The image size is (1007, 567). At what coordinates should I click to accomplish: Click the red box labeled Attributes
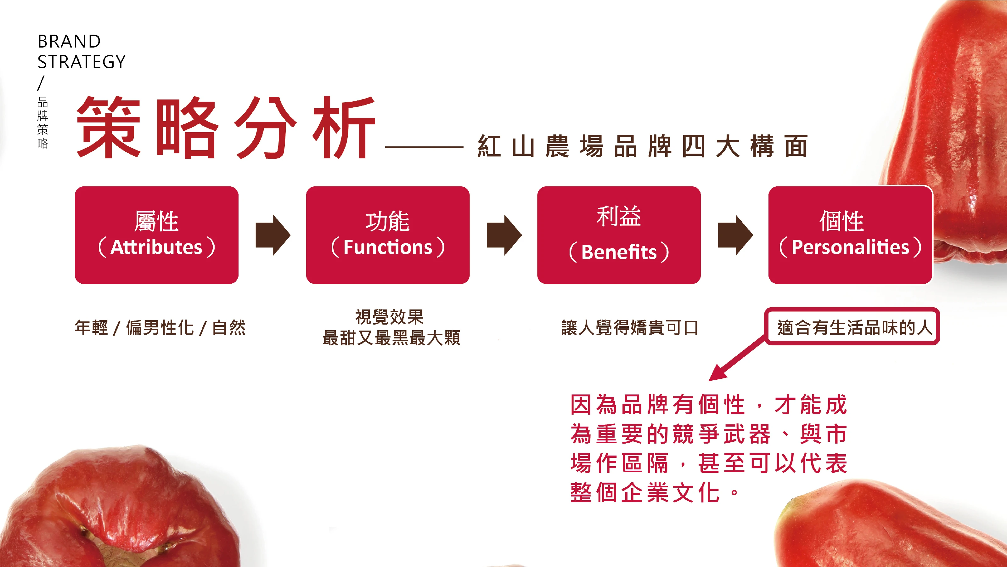click(x=157, y=235)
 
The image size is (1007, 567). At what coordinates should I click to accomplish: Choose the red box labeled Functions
click(x=388, y=235)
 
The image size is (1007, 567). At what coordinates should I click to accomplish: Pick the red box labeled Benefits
click(x=619, y=235)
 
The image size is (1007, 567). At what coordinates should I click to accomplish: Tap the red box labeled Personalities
click(x=850, y=235)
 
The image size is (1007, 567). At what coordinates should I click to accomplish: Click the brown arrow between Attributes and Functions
click(x=273, y=235)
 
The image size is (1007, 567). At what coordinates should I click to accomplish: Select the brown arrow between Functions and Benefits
click(x=504, y=235)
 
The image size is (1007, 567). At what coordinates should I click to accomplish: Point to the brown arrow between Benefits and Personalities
click(x=735, y=235)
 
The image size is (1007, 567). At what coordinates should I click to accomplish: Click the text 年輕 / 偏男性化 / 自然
click(x=160, y=328)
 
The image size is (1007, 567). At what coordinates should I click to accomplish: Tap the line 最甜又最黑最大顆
click(x=391, y=338)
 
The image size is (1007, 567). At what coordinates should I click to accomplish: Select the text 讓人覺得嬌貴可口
click(x=630, y=328)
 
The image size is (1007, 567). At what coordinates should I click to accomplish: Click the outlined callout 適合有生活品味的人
click(x=852, y=326)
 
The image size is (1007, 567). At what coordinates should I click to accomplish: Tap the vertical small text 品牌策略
click(x=42, y=122)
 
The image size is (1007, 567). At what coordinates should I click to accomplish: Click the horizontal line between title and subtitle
click(x=424, y=147)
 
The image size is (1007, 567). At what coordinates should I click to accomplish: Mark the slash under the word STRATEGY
click(x=41, y=83)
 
